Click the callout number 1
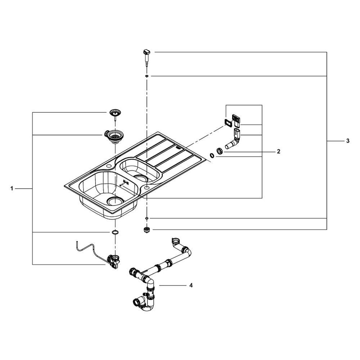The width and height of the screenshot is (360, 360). pyautogui.click(x=12, y=189)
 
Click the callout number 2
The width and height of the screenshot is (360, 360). pyautogui.click(x=279, y=152)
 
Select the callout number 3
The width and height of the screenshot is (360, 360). pyautogui.click(x=348, y=141)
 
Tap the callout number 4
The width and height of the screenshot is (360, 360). pyautogui.click(x=191, y=285)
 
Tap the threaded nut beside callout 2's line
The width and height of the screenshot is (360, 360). pyautogui.click(x=220, y=152)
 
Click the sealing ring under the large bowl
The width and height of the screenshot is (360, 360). pyautogui.click(x=115, y=232)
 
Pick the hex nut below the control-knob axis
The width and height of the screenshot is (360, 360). pyautogui.click(x=146, y=230)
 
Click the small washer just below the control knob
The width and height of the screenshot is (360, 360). pyautogui.click(x=147, y=76)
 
